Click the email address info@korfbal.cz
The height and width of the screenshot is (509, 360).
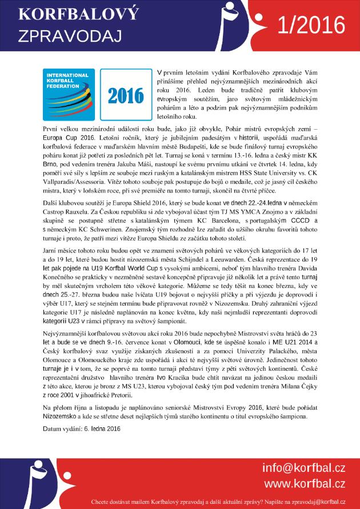pos(303,468)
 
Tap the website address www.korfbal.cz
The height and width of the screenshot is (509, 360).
pos(304,484)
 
